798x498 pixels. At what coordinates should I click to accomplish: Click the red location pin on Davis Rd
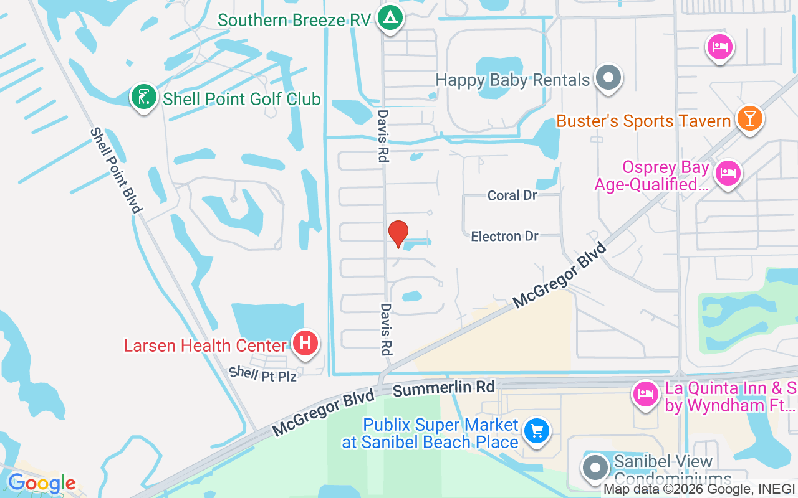tap(398, 233)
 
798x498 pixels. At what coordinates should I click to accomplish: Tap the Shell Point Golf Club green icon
tap(144, 98)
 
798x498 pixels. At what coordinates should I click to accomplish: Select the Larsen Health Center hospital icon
tap(305, 343)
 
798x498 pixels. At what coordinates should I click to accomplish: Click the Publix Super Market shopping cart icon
tap(536, 430)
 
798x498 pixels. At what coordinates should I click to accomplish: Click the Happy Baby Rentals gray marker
tap(608, 78)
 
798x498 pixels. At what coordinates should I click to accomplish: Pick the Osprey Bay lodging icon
tap(727, 172)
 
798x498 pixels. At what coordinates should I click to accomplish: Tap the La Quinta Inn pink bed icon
tap(645, 394)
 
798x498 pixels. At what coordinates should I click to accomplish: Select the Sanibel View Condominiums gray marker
tap(595, 467)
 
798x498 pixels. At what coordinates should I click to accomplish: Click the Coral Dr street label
tap(512, 195)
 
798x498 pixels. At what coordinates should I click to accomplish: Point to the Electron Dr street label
tap(504, 237)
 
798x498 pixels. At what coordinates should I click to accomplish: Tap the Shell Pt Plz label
tap(262, 374)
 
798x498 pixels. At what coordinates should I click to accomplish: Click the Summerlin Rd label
tap(443, 388)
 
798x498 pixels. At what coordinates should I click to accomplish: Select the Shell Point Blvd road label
tap(116, 171)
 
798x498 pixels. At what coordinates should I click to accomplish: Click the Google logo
tap(42, 483)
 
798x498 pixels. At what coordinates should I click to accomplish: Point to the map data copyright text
tap(698, 490)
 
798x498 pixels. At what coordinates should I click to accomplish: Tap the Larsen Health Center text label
tap(204, 345)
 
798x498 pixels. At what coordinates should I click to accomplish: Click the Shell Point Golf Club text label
tap(242, 99)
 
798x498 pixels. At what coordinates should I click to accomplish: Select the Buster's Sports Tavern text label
tap(643, 121)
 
